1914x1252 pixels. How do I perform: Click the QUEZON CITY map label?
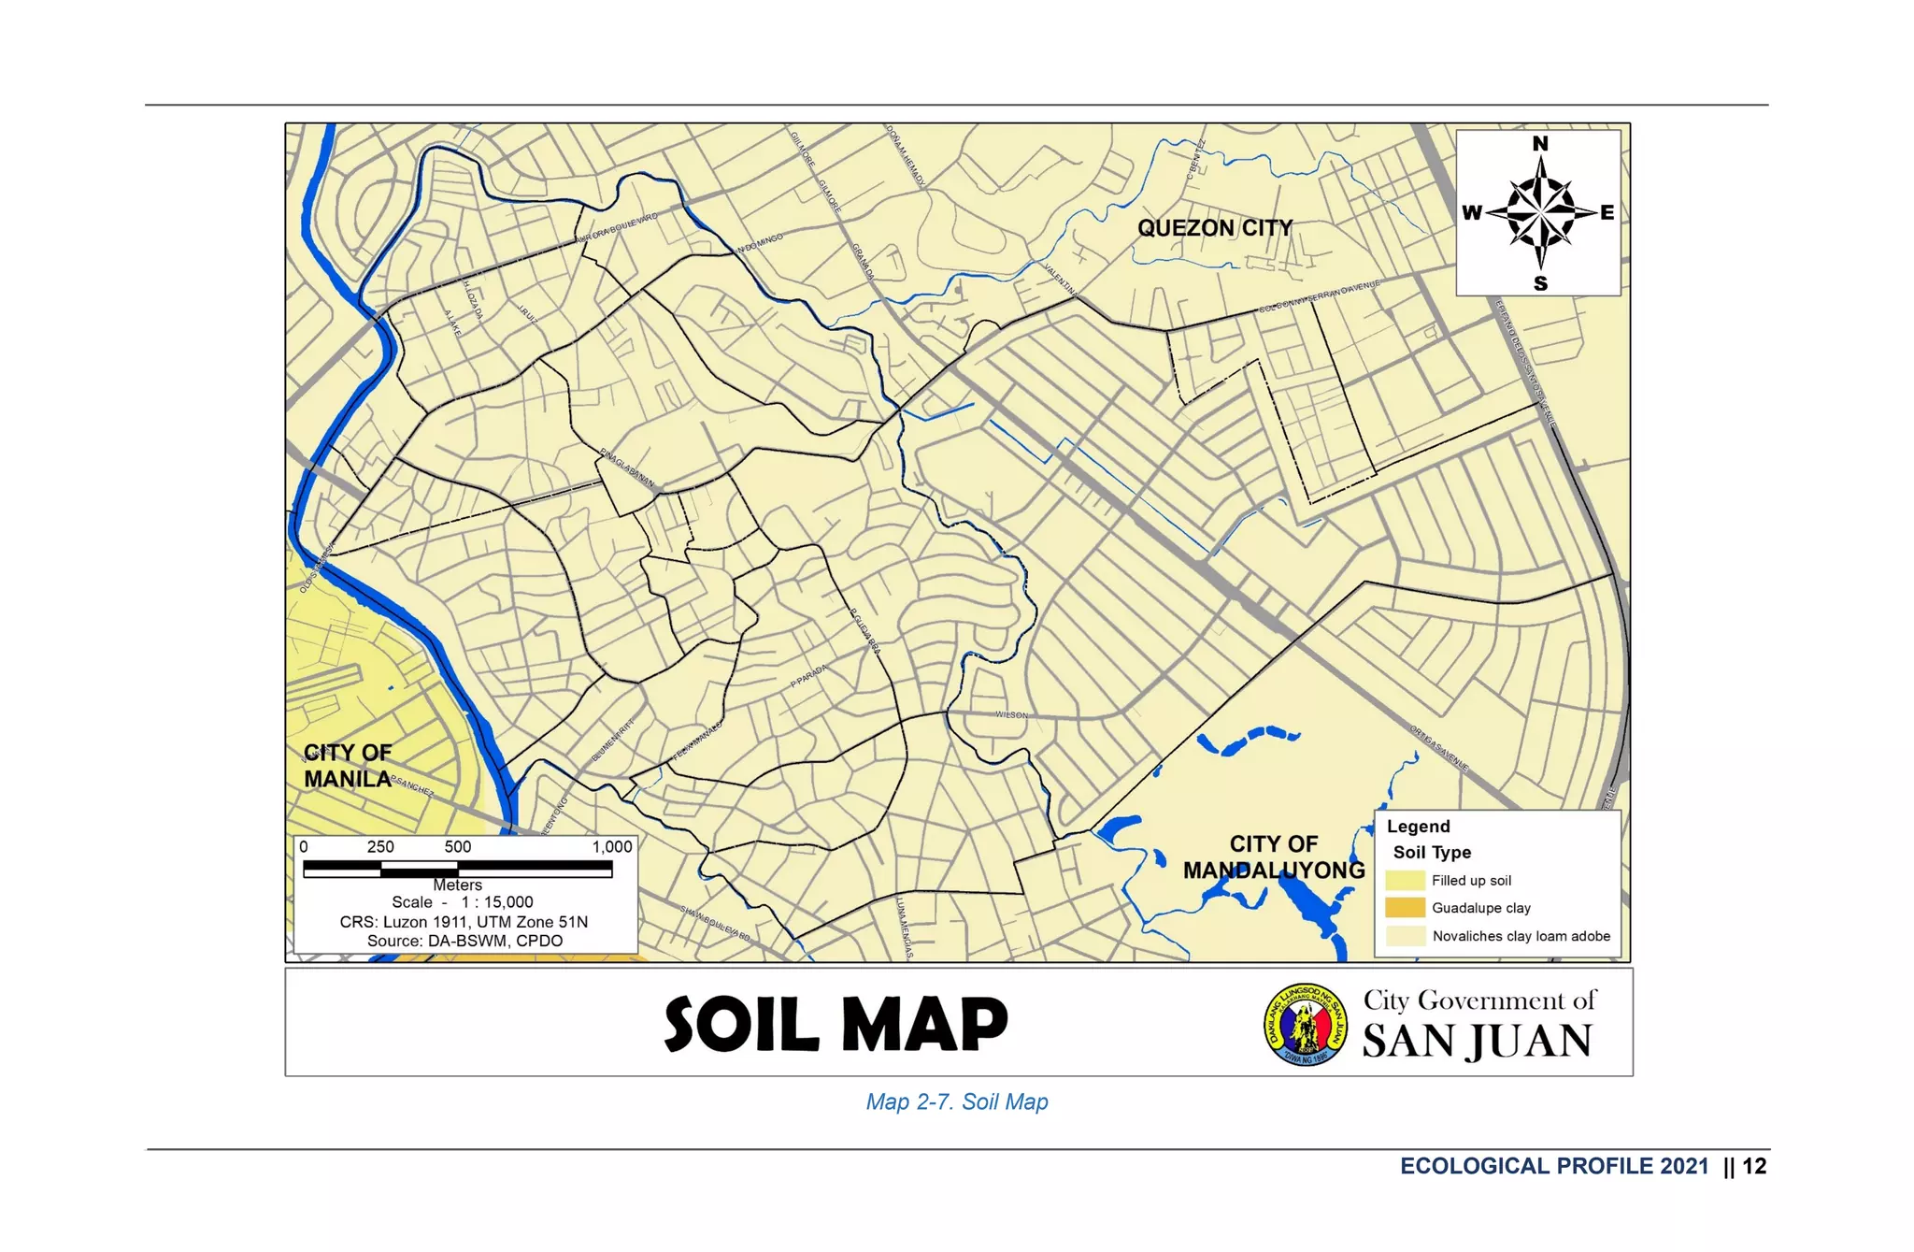pyautogui.click(x=1214, y=228)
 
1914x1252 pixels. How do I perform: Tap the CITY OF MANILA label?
pyautogui.click(x=348, y=766)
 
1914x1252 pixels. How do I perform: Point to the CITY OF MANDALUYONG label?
pyautogui.click(x=1273, y=857)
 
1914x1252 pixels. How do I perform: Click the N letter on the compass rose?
pyautogui.click(x=1540, y=144)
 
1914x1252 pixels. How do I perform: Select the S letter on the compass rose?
pyautogui.click(x=1540, y=283)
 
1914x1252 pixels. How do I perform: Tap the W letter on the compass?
pyautogui.click(x=1471, y=213)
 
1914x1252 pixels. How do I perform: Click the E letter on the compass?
pyautogui.click(x=1607, y=213)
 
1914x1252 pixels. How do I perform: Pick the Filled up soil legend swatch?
pyautogui.click(x=1405, y=880)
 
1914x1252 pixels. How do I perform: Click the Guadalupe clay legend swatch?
pyautogui.click(x=1405, y=908)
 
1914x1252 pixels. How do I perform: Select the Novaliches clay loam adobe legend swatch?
pyautogui.click(x=1405, y=936)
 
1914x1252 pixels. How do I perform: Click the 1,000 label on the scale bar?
pyautogui.click(x=612, y=847)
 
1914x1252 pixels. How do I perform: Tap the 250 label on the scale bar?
pyautogui.click(x=380, y=847)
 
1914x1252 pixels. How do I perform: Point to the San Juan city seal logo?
pyautogui.click(x=1306, y=1025)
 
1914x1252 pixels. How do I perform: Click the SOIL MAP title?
pyautogui.click(x=836, y=1024)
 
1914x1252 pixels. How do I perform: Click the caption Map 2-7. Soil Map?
pyautogui.click(x=957, y=1102)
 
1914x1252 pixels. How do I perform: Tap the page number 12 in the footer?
pyautogui.click(x=1754, y=1166)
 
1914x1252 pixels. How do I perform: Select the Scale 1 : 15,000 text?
pyautogui.click(x=463, y=902)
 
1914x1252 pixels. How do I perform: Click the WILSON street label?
pyautogui.click(x=1011, y=715)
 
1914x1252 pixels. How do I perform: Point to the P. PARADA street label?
pyautogui.click(x=809, y=676)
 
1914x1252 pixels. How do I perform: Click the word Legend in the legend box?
pyautogui.click(x=1418, y=827)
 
